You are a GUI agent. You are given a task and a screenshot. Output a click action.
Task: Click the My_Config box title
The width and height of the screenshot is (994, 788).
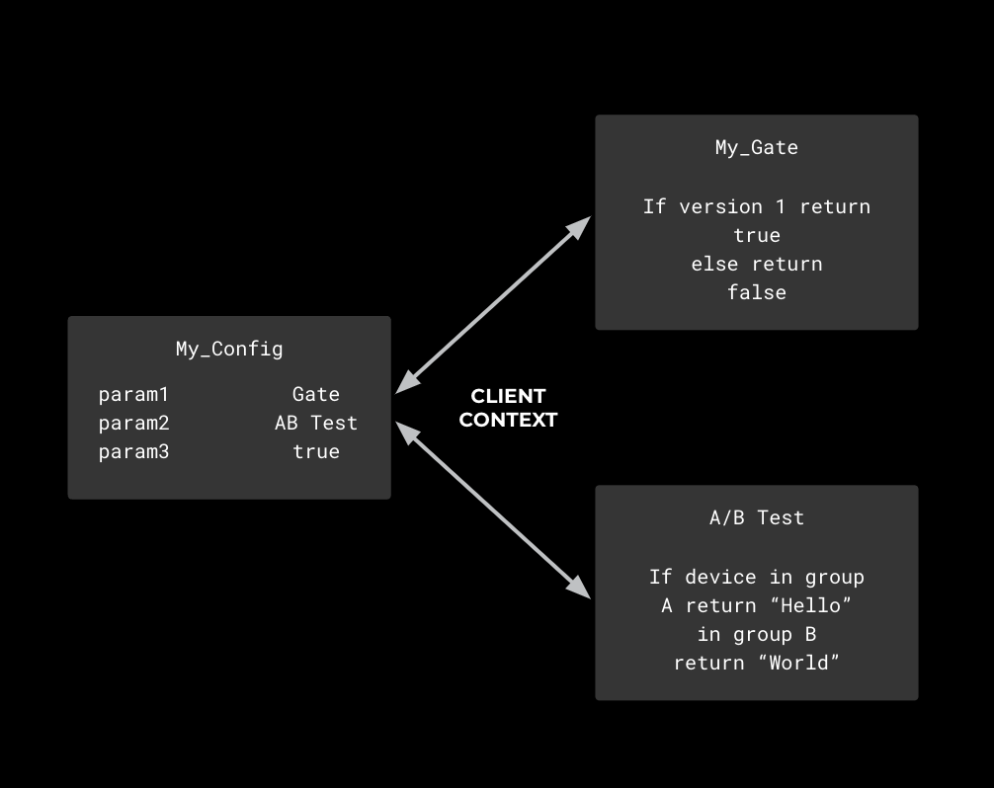[x=229, y=349]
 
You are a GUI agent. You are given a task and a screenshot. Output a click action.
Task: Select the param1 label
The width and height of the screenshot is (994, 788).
[x=134, y=394]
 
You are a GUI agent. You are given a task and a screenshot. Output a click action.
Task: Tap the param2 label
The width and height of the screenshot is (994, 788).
[x=134, y=423]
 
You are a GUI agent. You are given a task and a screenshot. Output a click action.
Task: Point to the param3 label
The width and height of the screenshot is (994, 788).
[x=134, y=451]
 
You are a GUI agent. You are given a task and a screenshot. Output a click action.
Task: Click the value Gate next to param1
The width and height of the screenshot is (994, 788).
[x=316, y=394]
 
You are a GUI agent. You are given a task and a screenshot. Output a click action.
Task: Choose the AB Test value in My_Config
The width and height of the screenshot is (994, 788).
[x=316, y=423]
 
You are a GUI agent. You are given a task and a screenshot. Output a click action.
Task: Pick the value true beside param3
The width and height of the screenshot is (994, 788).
[x=316, y=451]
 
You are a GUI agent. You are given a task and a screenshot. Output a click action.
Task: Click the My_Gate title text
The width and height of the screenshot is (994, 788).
[x=757, y=147]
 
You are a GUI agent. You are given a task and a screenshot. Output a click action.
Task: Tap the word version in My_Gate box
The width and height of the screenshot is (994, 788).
[x=720, y=206]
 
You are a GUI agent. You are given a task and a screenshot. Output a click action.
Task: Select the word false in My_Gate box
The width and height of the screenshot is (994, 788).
[x=757, y=292]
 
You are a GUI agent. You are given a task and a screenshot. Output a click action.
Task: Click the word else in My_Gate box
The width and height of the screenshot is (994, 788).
[x=714, y=264]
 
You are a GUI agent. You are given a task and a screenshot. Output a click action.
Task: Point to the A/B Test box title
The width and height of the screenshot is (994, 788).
[x=757, y=517]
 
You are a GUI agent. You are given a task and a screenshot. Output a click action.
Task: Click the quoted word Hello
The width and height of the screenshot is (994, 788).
[x=810, y=605]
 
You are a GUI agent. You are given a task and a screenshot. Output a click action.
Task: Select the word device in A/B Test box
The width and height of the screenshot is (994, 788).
[x=720, y=577]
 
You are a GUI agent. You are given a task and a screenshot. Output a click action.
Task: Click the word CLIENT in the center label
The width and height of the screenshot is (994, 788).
[x=508, y=396]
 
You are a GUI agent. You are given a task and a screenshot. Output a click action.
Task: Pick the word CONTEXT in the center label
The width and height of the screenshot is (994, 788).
[x=508, y=420]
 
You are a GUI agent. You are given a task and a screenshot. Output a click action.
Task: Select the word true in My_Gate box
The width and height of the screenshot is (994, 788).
[x=757, y=235]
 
